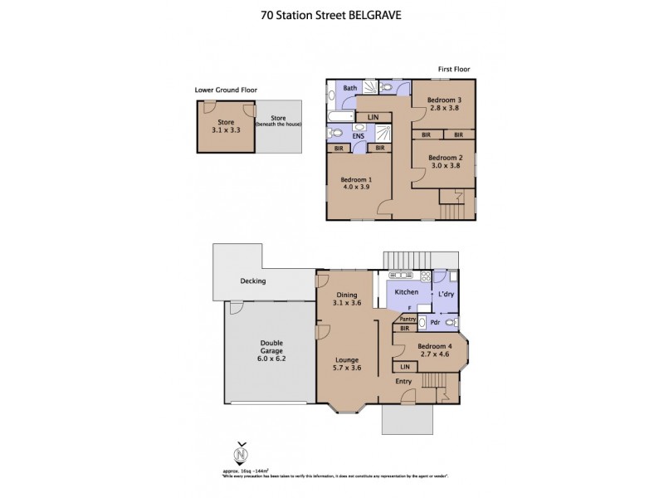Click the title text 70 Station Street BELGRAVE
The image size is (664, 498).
332,14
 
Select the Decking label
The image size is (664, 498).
254,281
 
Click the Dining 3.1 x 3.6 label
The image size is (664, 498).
347,300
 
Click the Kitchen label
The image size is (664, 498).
406,293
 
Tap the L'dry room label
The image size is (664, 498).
446,294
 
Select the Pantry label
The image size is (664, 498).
407,318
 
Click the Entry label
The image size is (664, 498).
403,381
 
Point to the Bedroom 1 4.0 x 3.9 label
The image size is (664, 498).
355,183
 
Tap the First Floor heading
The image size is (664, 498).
456,69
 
